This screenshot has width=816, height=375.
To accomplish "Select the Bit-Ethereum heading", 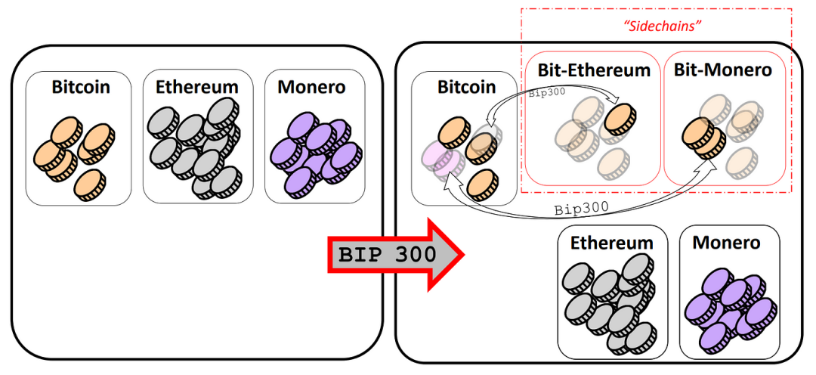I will point(594,70).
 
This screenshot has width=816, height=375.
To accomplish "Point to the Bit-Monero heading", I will point(723,70).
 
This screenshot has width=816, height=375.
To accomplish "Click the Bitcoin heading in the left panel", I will point(81,87).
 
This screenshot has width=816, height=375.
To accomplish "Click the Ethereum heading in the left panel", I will point(197,87).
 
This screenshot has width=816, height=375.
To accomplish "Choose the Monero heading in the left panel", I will point(311,87).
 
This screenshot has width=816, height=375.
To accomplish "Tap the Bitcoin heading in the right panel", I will point(466,88).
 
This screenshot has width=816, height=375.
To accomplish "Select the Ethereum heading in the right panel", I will point(612,243).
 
